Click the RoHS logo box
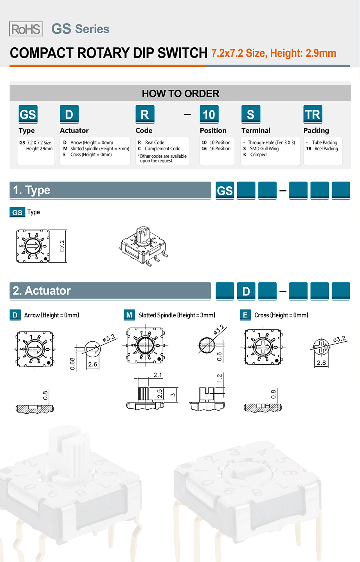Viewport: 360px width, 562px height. tap(26, 29)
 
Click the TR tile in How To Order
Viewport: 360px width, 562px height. tap(313, 114)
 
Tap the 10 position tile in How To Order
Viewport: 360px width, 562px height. tap(209, 114)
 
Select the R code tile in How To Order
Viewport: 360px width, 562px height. tap(145, 114)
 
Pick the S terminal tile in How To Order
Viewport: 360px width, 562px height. tap(250, 114)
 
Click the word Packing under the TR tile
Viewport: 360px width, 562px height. tap(316, 130)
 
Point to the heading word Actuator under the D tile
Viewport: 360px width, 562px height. tap(74, 130)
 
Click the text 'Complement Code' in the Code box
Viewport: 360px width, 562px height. tap(162, 149)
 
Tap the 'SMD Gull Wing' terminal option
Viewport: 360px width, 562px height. tap(264, 149)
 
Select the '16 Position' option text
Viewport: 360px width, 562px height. tap(220, 149)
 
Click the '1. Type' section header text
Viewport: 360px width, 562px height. tap(32, 190)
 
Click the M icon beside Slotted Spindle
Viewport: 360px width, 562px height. tap(129, 315)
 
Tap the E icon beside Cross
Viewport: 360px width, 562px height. tap(245, 315)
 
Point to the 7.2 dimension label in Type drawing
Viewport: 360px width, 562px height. tap(62, 246)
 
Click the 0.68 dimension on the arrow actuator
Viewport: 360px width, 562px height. tap(72, 364)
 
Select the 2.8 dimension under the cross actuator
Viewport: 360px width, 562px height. tap(321, 362)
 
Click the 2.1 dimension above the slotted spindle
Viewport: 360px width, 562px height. tap(158, 375)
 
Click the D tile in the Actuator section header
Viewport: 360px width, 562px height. tap(246, 291)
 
